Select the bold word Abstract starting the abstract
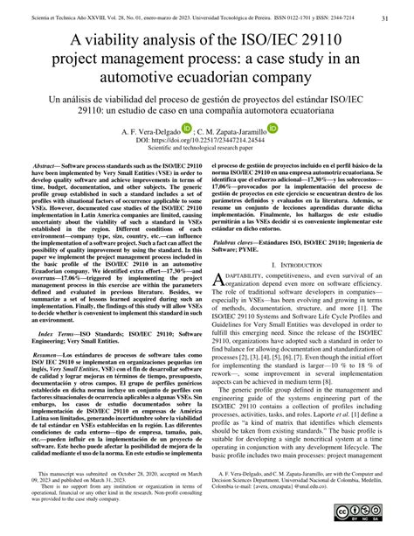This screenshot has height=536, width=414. [46, 190]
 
